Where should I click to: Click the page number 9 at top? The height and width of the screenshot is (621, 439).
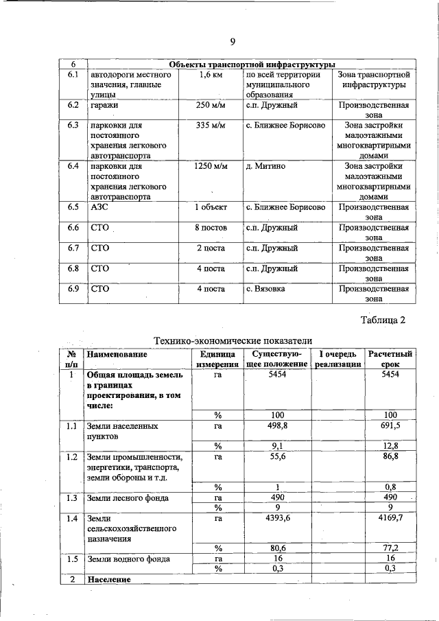click(x=233, y=42)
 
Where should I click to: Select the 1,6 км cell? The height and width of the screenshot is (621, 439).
click(x=211, y=74)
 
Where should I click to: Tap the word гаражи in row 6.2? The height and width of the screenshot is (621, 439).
click(x=105, y=106)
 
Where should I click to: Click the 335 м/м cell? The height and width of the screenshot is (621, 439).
click(x=211, y=126)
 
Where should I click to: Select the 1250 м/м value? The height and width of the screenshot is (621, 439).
click(x=211, y=167)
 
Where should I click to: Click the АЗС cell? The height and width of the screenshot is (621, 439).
click(x=100, y=207)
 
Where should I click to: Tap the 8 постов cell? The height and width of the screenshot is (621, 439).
click(x=211, y=227)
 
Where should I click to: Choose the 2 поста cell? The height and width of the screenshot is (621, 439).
click(x=211, y=248)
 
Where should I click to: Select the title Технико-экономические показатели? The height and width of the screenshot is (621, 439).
click(x=232, y=340)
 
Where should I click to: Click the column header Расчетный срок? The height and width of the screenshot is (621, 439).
click(x=390, y=359)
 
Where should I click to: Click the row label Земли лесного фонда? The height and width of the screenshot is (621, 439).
click(x=128, y=497)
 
